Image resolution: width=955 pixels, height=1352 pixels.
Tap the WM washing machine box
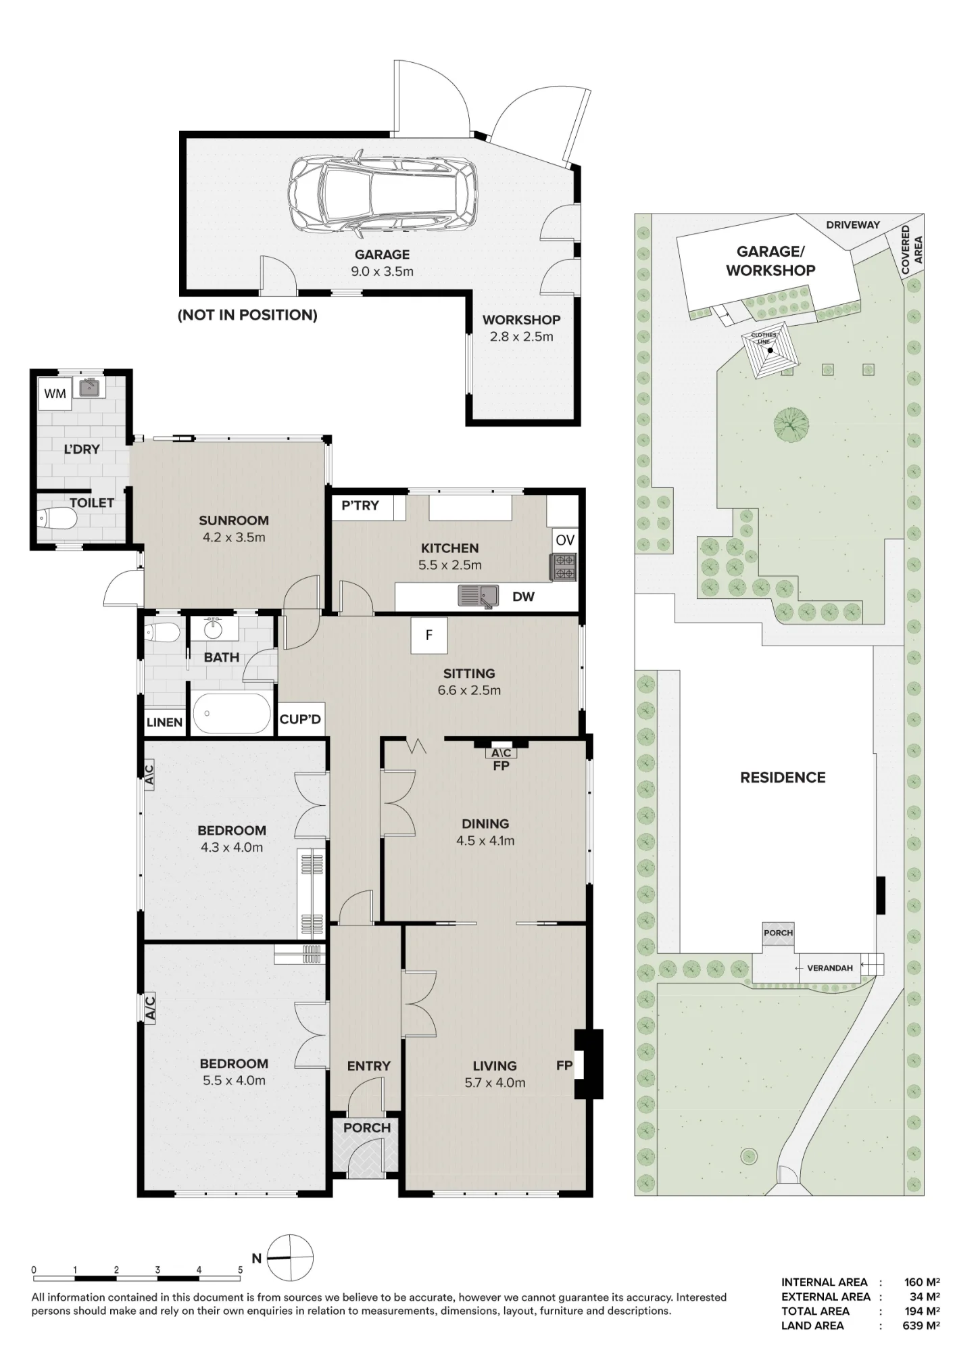[55, 393]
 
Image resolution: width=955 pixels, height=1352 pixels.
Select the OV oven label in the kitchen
[565, 540]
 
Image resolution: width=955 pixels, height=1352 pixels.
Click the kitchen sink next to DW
[478, 596]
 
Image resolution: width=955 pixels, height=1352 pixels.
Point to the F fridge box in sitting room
[428, 635]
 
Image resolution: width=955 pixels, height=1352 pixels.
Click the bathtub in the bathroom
[232, 713]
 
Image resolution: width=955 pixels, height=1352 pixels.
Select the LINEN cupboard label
[164, 722]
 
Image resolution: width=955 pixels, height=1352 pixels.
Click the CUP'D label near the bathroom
[300, 719]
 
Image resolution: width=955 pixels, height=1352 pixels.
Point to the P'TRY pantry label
[360, 505]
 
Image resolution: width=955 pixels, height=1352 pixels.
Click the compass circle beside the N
[291, 1257]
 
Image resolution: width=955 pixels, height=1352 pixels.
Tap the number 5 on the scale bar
[240, 1270]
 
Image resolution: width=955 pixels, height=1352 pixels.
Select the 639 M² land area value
[921, 1325]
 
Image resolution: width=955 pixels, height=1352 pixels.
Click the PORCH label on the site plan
[778, 933]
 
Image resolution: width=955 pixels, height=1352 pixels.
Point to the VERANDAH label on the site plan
[829, 968]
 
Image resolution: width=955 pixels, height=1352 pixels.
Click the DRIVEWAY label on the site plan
[853, 224]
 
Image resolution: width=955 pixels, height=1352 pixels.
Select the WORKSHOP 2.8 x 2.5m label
[521, 328]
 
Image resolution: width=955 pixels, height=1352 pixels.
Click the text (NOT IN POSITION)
[247, 315]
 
